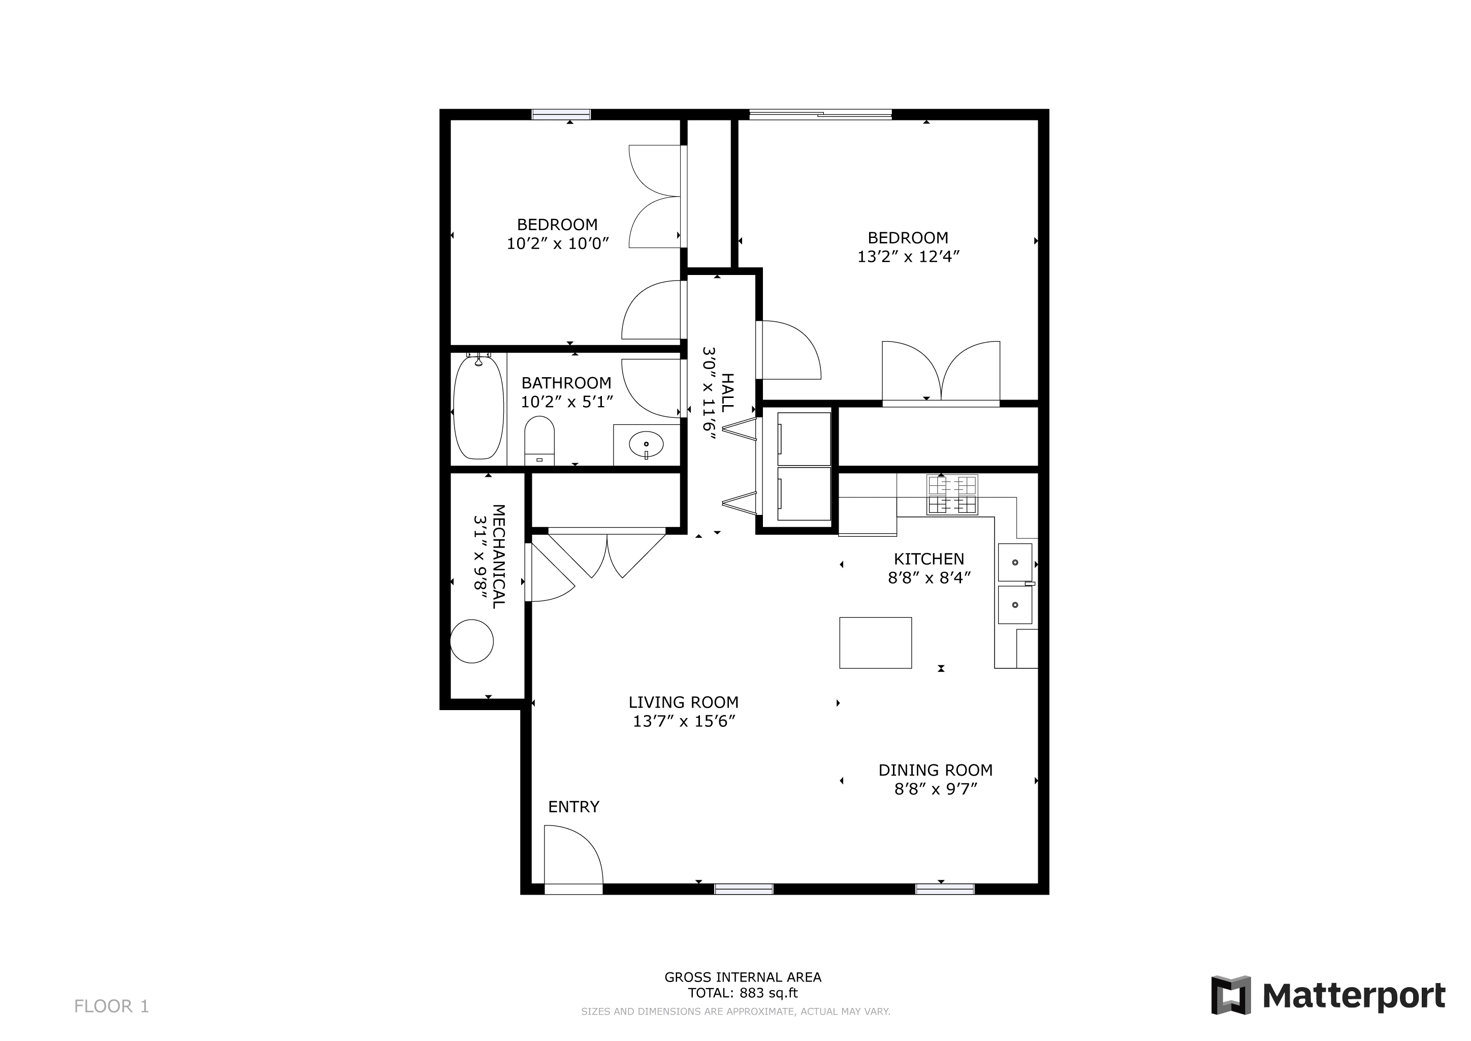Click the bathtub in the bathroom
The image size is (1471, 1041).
(478, 407)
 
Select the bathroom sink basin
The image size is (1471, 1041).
(646, 444)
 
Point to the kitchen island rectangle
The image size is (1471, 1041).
(875, 643)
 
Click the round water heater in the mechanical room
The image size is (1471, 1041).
(471, 641)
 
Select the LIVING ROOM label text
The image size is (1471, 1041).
(684, 702)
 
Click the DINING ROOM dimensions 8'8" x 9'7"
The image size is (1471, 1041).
(936, 788)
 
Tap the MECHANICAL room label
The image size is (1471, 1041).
(498, 557)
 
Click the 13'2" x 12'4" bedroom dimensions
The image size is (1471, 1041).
(909, 256)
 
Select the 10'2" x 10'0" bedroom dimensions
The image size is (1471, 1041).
(557, 243)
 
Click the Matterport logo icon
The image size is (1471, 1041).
(1231, 995)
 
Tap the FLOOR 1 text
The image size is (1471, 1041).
(111, 1006)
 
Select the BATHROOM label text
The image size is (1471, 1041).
(566, 383)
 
